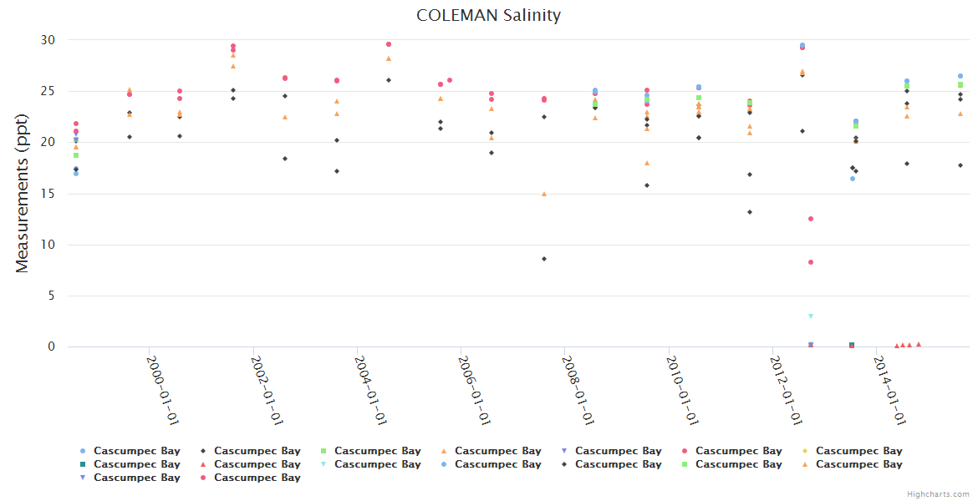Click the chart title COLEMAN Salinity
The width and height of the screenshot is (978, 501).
point(489,15)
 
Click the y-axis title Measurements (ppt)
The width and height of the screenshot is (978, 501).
point(23,194)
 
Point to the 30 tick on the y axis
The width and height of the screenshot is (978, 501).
point(48,40)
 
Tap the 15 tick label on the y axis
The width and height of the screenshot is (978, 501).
point(48,194)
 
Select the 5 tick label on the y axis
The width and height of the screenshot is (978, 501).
point(51,296)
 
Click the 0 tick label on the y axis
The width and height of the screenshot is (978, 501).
point(51,347)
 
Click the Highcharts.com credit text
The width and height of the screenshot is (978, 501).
point(938,494)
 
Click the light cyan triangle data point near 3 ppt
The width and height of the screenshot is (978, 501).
point(810,316)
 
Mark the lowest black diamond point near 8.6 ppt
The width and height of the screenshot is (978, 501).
point(544,259)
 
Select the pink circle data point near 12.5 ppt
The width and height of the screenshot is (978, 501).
point(810,219)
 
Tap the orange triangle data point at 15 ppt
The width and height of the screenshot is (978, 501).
point(544,194)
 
